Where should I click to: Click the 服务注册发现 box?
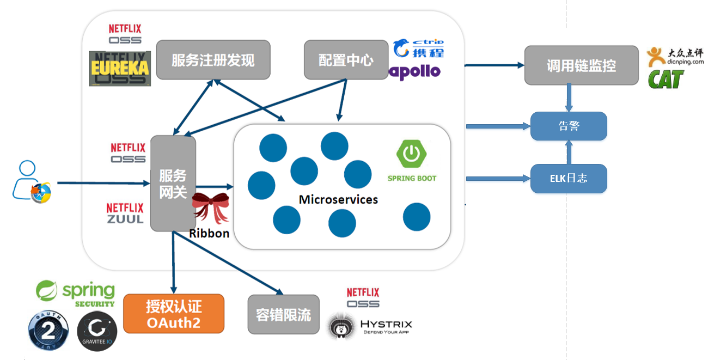pos(213,60)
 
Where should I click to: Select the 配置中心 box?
pos(346,59)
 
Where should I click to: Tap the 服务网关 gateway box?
pos(173,184)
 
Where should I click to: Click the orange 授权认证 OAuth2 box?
pos(174,314)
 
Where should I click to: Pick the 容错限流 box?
pos(283,314)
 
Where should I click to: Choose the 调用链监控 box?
pos(581,65)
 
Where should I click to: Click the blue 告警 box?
pos(569,126)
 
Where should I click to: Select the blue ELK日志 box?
pos(569,178)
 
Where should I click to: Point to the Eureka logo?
pos(119,69)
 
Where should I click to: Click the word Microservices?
pos(338,199)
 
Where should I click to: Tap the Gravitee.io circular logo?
pos(97,331)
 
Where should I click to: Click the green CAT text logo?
pos(665,80)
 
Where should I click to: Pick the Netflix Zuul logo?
pos(125,213)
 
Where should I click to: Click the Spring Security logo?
pos(76,294)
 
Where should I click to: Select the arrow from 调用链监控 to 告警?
pos(569,98)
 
